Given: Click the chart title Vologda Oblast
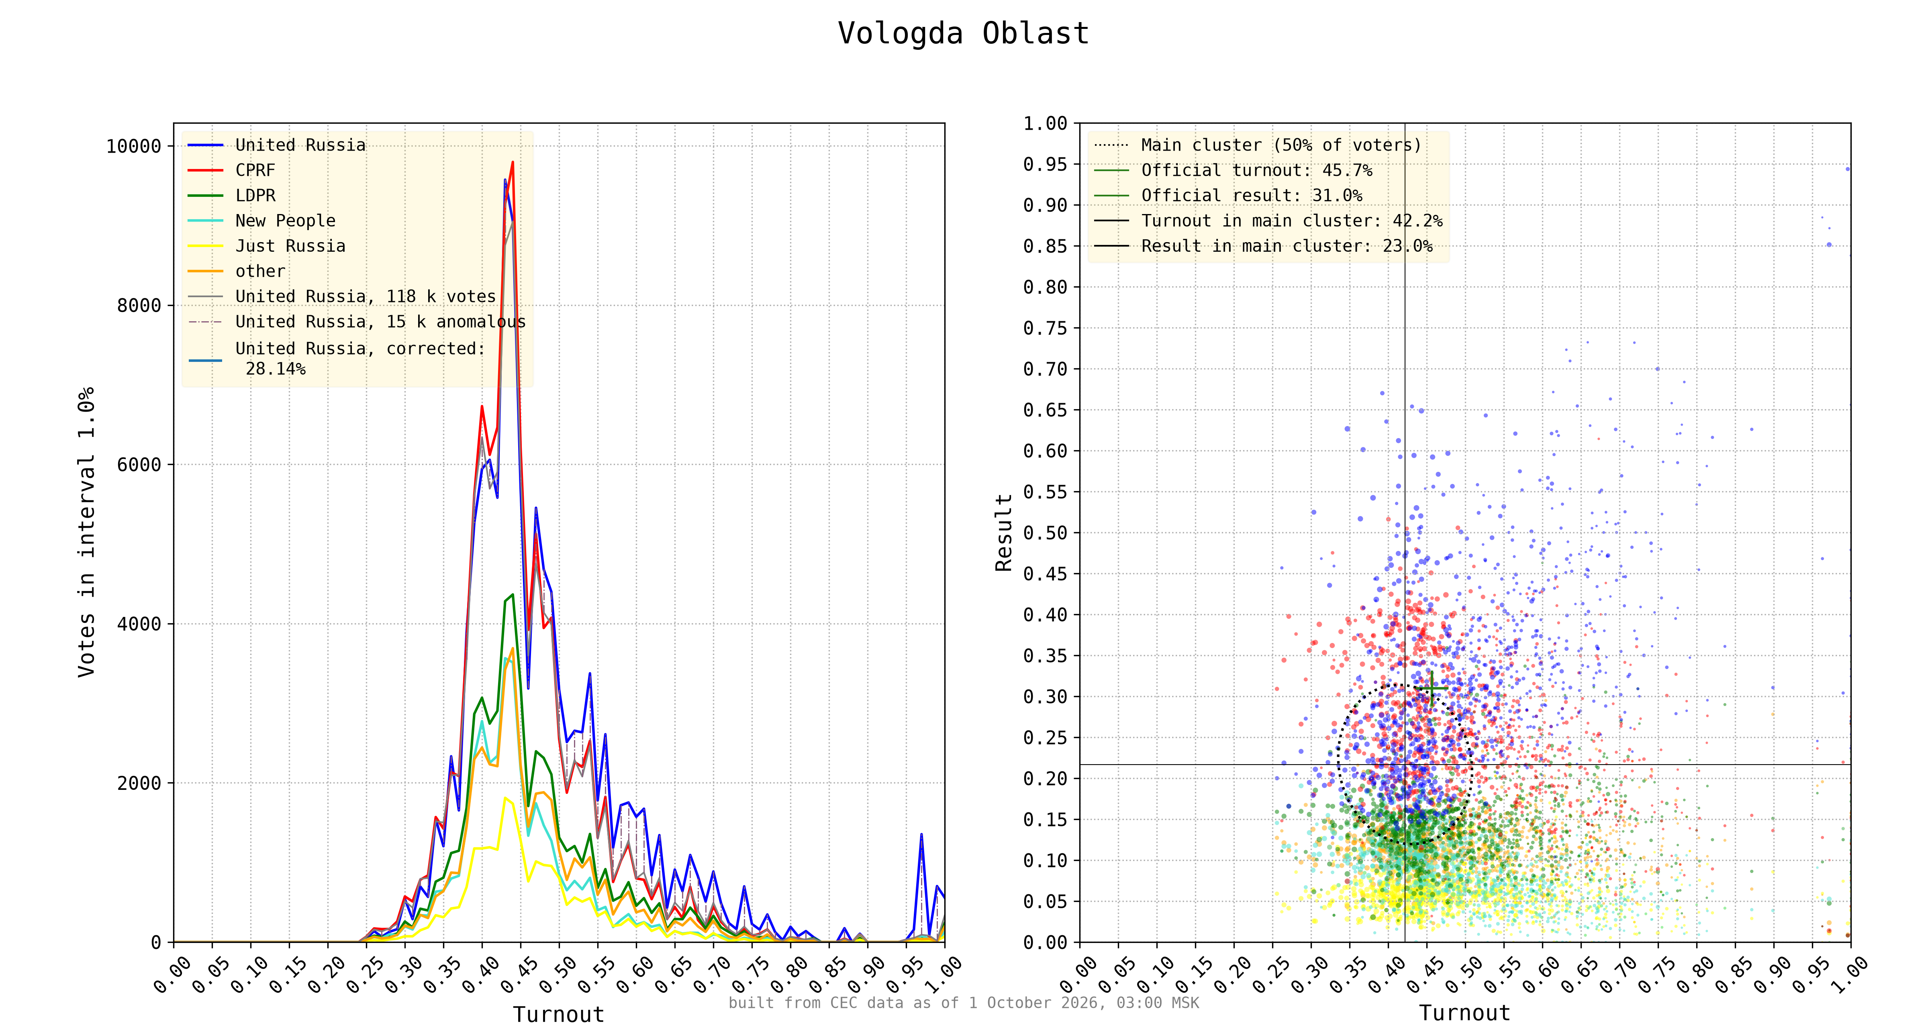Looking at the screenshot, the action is [x=963, y=34].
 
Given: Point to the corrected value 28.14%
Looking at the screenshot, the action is [x=276, y=369].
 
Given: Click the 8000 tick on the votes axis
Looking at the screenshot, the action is [x=139, y=306].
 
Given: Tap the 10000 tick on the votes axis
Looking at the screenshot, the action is [x=134, y=146].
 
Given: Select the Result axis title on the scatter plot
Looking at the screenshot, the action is [x=1004, y=532].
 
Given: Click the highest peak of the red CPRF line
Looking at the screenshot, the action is [x=513, y=162].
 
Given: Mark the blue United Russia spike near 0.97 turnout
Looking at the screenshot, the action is [x=921, y=834].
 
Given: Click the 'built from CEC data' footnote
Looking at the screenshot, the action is [x=964, y=1003].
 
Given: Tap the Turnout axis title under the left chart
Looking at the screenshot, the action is [x=558, y=1014].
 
